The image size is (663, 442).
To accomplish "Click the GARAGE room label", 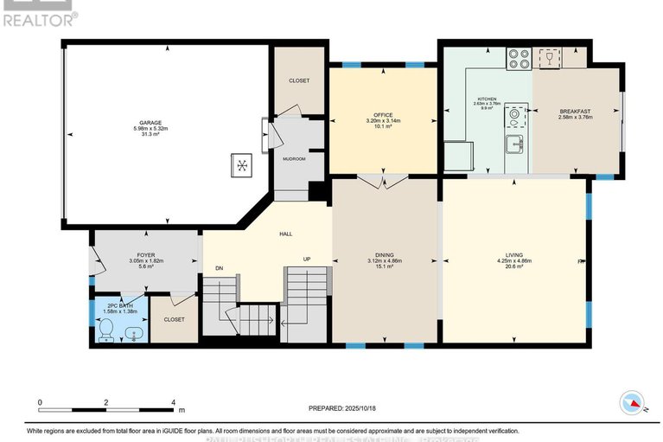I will [147, 123].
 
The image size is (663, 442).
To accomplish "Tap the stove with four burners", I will [520, 59].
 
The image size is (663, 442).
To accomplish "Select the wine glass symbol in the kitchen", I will [545, 58].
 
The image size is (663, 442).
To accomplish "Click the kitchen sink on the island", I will [514, 144].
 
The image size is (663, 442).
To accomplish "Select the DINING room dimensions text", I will [384, 260].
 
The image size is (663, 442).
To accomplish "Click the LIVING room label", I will [513, 253].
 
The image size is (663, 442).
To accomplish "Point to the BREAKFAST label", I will [575, 111].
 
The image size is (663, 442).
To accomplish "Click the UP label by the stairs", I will [307, 259].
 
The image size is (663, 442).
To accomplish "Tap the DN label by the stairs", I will [220, 268].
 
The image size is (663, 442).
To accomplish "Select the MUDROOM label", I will [294, 159].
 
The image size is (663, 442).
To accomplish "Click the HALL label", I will [285, 234].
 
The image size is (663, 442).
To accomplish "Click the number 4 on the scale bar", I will [174, 402].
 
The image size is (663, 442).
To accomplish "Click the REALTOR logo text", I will [38, 16].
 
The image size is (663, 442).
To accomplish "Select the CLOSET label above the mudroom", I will [298, 80].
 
